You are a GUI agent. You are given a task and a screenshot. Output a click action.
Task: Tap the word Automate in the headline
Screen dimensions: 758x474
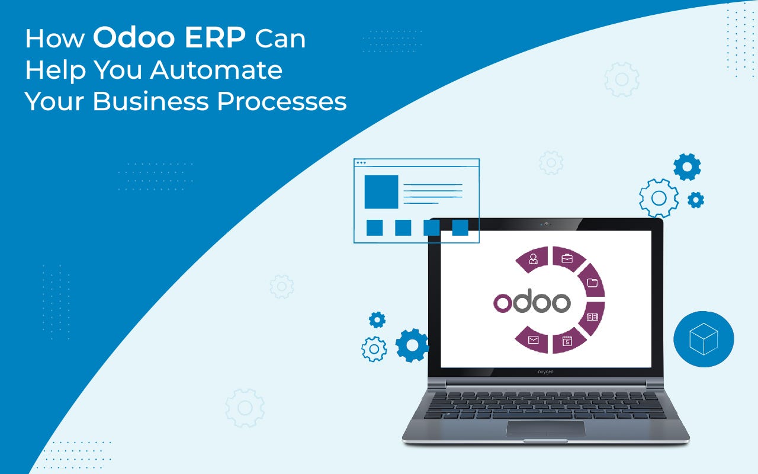(x=216, y=70)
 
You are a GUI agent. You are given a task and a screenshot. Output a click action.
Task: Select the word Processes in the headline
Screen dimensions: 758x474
(x=282, y=101)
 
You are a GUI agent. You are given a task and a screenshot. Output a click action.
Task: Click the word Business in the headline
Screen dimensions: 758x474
(x=151, y=101)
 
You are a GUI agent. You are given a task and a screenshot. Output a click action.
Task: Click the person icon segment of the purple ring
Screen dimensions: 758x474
(x=534, y=260)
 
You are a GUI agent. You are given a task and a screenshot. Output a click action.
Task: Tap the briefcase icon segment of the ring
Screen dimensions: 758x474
(x=568, y=259)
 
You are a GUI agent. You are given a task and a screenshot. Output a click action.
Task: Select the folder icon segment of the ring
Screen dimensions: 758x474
(x=592, y=281)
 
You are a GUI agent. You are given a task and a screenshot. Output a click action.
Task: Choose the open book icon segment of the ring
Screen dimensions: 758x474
(x=592, y=318)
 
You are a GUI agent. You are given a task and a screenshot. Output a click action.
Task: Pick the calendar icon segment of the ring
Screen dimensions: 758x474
(x=567, y=341)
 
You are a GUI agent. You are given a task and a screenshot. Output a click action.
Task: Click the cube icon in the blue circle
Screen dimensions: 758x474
(x=704, y=339)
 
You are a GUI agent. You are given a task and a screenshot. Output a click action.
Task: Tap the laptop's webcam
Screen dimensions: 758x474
(x=546, y=224)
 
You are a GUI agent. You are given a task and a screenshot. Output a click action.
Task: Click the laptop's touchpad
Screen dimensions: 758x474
(x=545, y=428)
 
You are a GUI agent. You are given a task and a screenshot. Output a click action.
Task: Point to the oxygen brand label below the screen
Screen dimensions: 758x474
(x=545, y=371)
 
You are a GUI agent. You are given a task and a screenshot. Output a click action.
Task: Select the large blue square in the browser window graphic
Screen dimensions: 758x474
(x=381, y=191)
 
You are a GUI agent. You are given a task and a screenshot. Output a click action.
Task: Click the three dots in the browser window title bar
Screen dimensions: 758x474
(x=361, y=163)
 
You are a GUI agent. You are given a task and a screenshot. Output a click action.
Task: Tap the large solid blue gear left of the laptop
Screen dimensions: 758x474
(x=412, y=345)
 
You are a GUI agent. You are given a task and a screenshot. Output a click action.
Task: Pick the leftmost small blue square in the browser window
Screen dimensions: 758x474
(x=375, y=228)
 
